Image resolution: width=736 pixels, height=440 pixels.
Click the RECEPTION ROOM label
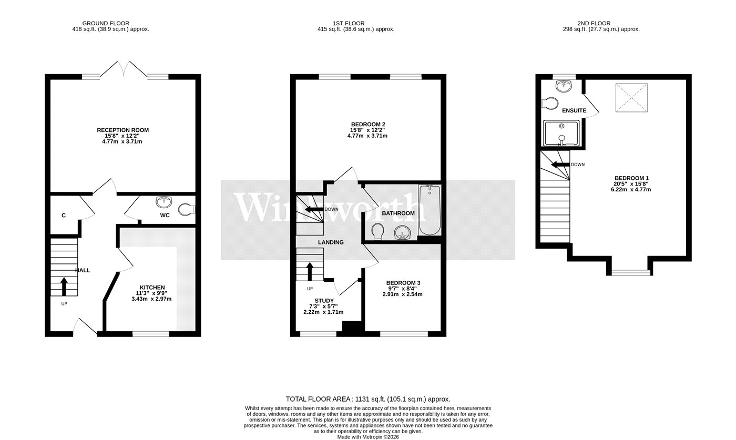click(x=122, y=130)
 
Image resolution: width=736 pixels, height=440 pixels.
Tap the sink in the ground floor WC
click(x=163, y=202)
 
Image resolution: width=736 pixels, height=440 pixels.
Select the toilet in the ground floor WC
click(x=185, y=210)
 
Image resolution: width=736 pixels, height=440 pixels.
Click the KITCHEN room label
click(x=152, y=287)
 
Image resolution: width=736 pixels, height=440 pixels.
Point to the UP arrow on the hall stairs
click(x=64, y=286)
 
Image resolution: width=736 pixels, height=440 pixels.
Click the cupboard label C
click(x=64, y=216)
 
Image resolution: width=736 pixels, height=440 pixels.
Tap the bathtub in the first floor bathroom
click(x=429, y=210)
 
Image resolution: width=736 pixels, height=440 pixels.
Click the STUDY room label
click(x=324, y=301)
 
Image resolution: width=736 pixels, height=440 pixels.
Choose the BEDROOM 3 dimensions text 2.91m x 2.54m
click(x=402, y=294)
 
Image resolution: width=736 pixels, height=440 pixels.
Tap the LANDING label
click(x=331, y=242)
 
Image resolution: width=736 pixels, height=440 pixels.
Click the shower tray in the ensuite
click(x=561, y=133)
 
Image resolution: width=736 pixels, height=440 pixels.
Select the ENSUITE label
click(x=574, y=111)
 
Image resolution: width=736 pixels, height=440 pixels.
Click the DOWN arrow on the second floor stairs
click(x=560, y=165)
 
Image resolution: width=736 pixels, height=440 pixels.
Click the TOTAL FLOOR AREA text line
click(x=367, y=400)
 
